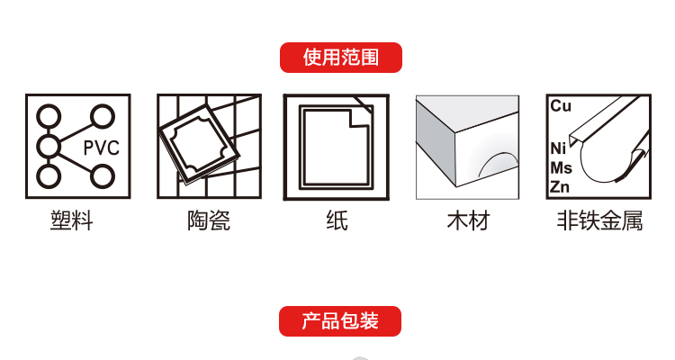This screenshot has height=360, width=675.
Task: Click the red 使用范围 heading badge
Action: (341, 58)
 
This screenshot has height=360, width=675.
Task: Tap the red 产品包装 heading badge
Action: (340, 321)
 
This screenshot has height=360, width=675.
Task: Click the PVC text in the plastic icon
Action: (101, 148)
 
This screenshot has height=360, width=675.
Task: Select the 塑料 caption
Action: (71, 220)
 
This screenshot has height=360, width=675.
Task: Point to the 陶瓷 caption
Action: (209, 220)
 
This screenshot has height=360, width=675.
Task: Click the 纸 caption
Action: (337, 220)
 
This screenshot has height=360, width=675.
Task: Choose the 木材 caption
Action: (468, 220)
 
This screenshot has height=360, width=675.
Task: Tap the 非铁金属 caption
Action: (599, 220)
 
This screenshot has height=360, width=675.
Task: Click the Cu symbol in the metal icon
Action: (561, 106)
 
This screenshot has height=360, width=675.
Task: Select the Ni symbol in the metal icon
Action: (558, 148)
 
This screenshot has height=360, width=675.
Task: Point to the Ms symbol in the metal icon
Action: (562, 168)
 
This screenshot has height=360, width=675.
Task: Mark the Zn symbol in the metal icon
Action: (560, 187)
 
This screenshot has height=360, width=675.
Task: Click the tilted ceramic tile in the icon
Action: (199, 144)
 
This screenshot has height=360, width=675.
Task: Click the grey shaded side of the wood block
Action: (436, 143)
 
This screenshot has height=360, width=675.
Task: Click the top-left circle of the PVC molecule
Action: (49, 116)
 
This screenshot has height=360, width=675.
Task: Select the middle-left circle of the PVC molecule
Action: (49, 147)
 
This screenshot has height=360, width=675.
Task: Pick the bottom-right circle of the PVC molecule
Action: (103, 176)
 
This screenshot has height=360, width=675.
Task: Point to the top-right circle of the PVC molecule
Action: (103, 116)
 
